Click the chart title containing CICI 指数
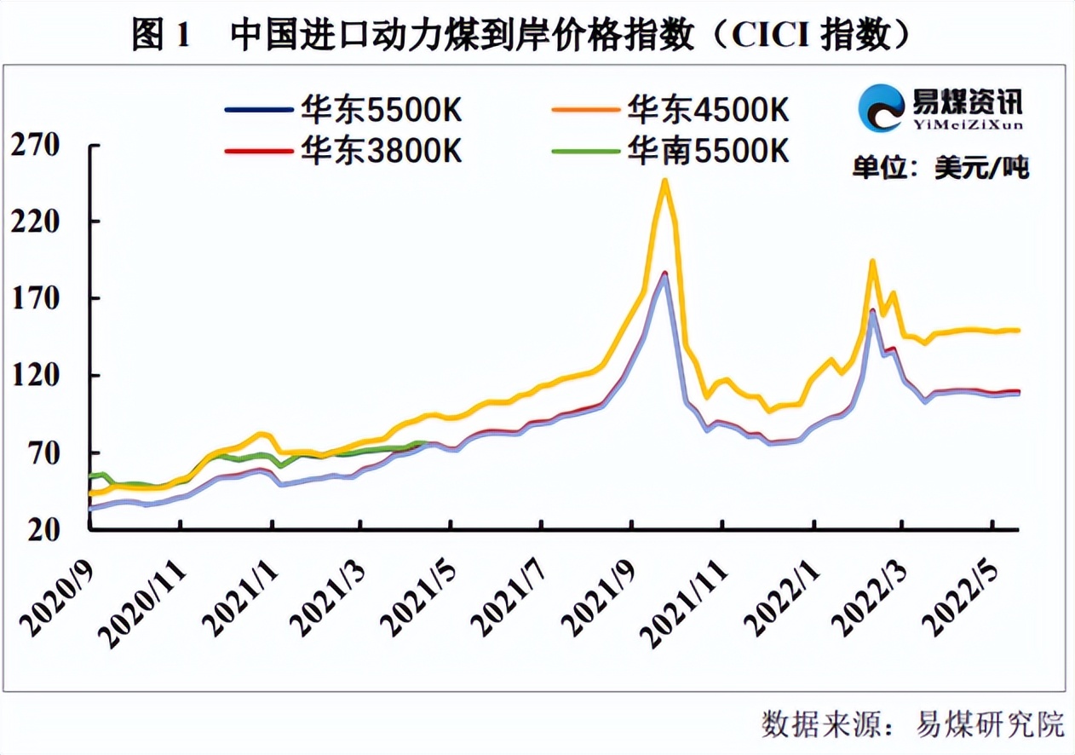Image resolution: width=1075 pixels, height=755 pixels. [x=523, y=35]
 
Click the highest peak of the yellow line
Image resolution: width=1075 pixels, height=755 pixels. [x=664, y=180]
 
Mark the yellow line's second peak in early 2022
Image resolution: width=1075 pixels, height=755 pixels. [x=871, y=261]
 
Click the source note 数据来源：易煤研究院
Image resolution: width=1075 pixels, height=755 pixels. [x=912, y=724]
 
